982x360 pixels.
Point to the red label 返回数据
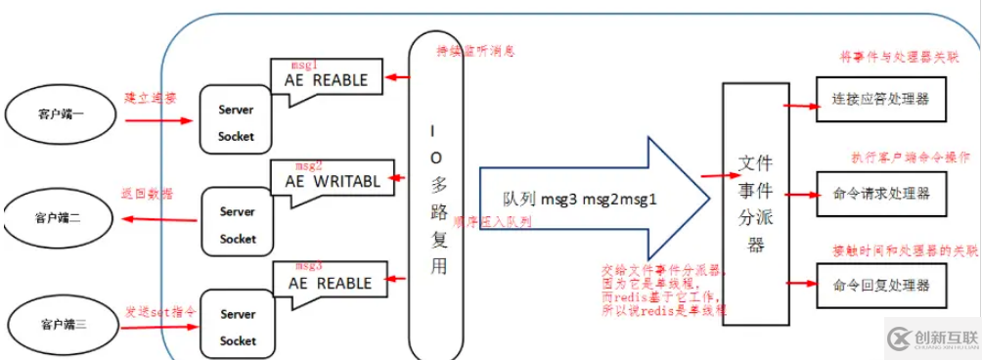148,194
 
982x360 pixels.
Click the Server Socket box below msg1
236,123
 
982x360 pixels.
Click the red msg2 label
308,165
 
